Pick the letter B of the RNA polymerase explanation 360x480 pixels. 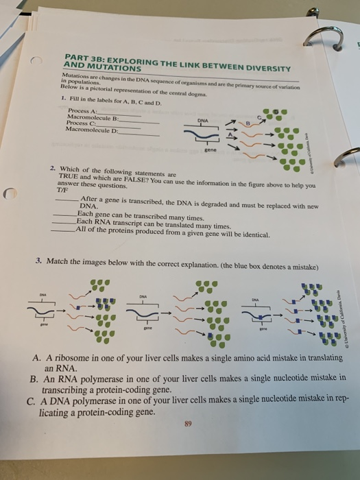point(33,378)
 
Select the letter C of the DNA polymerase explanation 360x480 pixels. point(34,397)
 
